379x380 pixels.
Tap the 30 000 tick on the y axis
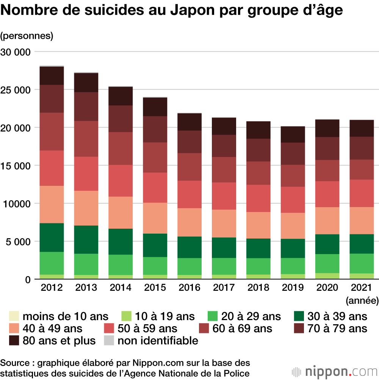16,52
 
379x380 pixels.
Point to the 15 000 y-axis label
16,166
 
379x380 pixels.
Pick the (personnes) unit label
27,36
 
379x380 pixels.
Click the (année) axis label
362,301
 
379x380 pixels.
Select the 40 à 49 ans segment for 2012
52,204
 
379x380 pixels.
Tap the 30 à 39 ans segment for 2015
155,245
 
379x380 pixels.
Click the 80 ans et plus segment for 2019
293,134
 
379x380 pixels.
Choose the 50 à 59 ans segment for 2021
362,193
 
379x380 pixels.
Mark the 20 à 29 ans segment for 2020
328,263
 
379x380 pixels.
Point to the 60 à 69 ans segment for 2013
86,139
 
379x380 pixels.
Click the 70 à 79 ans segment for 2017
224,146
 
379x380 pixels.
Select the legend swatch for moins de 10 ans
14,316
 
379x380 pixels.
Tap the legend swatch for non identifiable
109,341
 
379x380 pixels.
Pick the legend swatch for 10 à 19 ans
126,316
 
